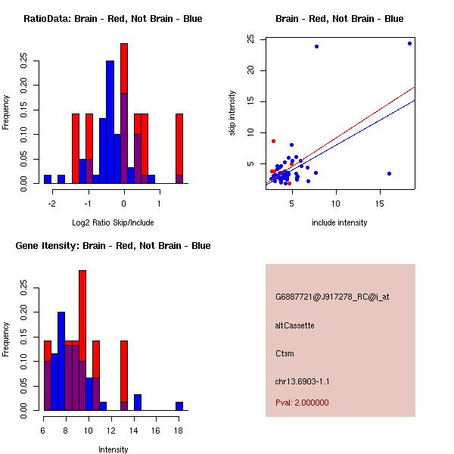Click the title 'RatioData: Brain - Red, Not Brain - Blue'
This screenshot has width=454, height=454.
pos(113,18)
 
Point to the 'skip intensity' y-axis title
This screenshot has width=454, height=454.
pos(233,113)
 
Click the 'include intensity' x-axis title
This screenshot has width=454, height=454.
pos(339,222)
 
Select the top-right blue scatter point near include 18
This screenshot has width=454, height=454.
pos(409,43)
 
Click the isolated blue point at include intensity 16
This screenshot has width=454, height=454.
pos(389,173)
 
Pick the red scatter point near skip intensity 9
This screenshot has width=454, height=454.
pos(273,141)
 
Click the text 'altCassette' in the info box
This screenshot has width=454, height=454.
pos(294,325)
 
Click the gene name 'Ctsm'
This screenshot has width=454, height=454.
pos(284,353)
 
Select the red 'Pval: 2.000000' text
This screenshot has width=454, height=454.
pos(302,403)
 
